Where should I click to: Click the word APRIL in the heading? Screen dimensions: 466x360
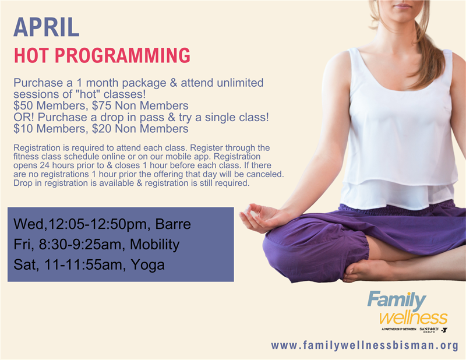47,27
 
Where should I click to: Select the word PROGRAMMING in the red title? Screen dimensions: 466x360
122,55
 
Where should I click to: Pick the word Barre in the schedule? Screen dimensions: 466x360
173,224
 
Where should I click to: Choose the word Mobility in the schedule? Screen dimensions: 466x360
154,245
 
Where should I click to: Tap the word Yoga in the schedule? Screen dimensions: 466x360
147,265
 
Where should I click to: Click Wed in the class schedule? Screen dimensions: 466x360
29,224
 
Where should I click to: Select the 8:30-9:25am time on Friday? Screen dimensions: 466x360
80,245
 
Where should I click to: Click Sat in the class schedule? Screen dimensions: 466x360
26,265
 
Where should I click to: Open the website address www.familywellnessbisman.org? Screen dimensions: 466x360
365,345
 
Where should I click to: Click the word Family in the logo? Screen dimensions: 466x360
397,301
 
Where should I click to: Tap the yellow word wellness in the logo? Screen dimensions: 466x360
414,318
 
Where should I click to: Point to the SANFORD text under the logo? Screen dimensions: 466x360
429,329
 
